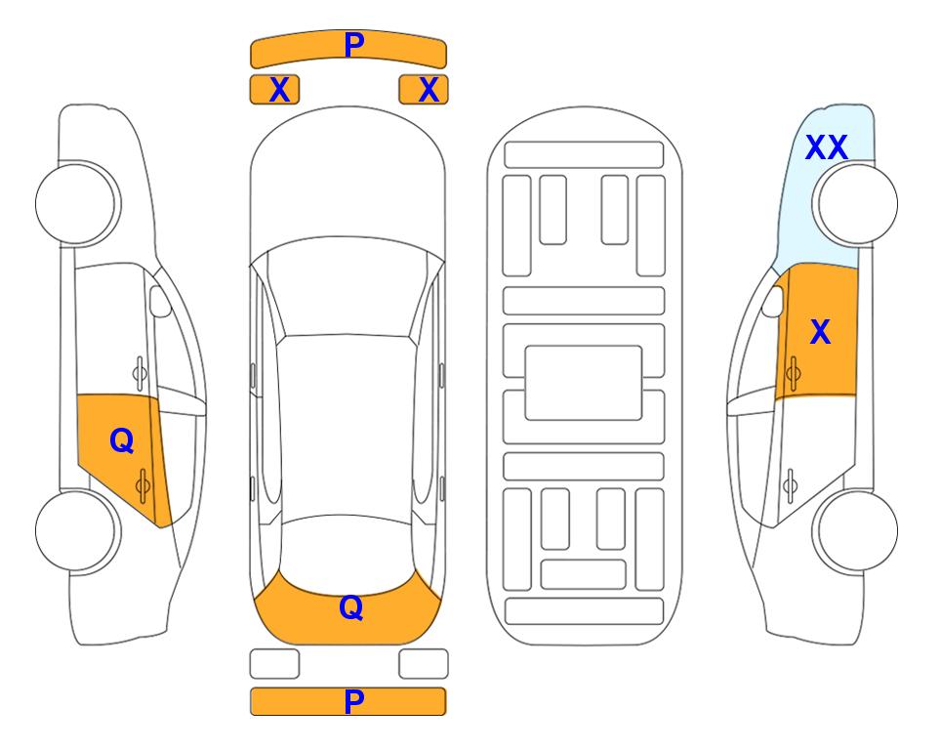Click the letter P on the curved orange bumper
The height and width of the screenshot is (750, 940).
tap(354, 45)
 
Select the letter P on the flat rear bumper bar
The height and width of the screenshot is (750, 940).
tap(354, 701)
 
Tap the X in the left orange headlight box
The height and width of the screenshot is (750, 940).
tap(279, 90)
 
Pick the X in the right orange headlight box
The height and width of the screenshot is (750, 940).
tap(429, 90)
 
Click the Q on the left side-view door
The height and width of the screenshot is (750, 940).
tap(122, 441)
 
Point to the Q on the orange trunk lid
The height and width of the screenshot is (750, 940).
tap(351, 607)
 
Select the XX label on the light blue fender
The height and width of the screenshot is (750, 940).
tap(827, 147)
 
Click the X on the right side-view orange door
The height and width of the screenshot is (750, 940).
tap(820, 332)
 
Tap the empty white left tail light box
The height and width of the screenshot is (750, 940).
tap(274, 664)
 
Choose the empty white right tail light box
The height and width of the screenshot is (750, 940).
tap(424, 664)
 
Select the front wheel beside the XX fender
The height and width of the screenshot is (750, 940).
tap(855, 203)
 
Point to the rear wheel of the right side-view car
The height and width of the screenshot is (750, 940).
tap(855, 530)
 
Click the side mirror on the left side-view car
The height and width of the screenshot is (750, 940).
tap(159, 301)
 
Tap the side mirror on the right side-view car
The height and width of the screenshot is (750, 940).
tap(773, 301)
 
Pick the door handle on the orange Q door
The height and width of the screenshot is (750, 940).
tap(143, 485)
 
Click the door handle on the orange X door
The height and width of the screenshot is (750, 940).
tap(793, 373)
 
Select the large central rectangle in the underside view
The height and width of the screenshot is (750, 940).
tap(584, 383)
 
